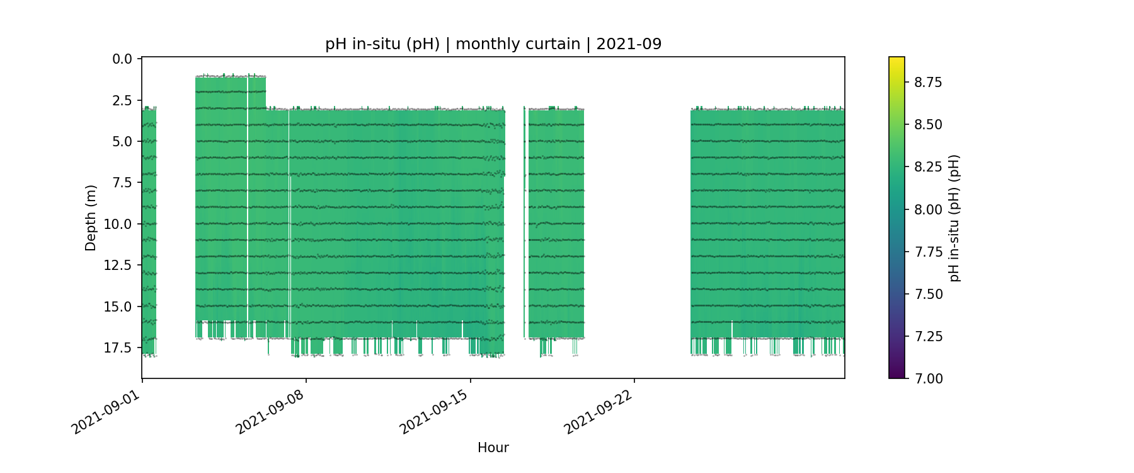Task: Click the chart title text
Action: (493, 44)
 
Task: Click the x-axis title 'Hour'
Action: (493, 448)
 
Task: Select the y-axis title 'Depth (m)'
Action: (91, 218)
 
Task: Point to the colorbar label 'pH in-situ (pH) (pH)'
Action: (954, 218)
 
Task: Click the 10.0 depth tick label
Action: (118, 225)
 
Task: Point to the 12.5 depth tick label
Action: (118, 266)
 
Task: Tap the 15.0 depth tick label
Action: (118, 307)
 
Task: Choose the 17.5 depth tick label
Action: (118, 348)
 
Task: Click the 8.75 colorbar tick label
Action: (928, 83)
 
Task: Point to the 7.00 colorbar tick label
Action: (928, 378)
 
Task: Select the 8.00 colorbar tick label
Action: (928, 209)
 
